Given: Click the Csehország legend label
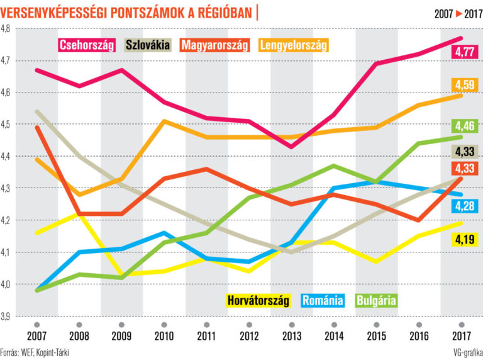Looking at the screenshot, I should [x=89, y=45].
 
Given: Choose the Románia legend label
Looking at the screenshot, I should [x=323, y=300].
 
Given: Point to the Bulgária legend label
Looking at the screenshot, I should [x=377, y=300].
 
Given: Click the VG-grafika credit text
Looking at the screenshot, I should [x=467, y=352].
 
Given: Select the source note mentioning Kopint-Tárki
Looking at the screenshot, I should [x=35, y=352].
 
